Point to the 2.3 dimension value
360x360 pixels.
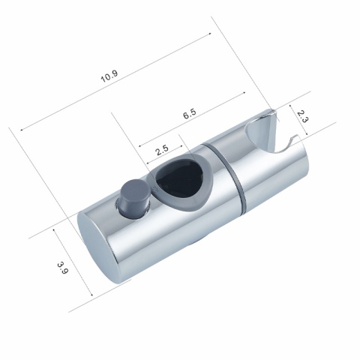click(301, 115)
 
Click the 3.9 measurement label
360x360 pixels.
click(61, 266)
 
